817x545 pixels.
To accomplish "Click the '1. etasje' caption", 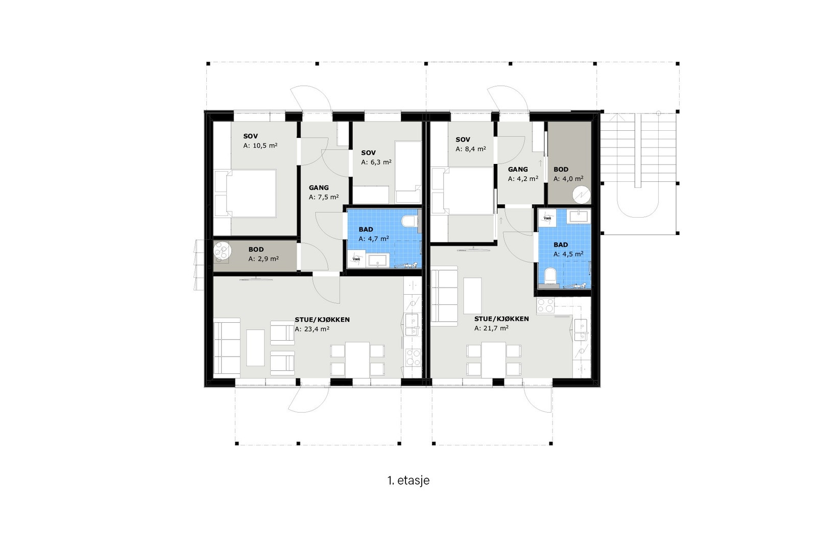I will [x=408, y=481].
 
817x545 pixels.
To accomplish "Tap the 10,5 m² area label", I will [x=260, y=146].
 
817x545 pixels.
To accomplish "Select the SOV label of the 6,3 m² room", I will [x=368, y=153].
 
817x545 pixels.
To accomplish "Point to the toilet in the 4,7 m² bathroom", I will [x=409, y=222].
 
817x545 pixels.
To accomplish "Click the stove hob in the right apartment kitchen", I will [x=545, y=305].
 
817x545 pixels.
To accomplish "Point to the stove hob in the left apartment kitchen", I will [x=413, y=357].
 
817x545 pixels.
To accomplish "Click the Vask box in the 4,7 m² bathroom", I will [x=356, y=259].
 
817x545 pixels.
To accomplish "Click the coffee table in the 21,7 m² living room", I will [x=472, y=295].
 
